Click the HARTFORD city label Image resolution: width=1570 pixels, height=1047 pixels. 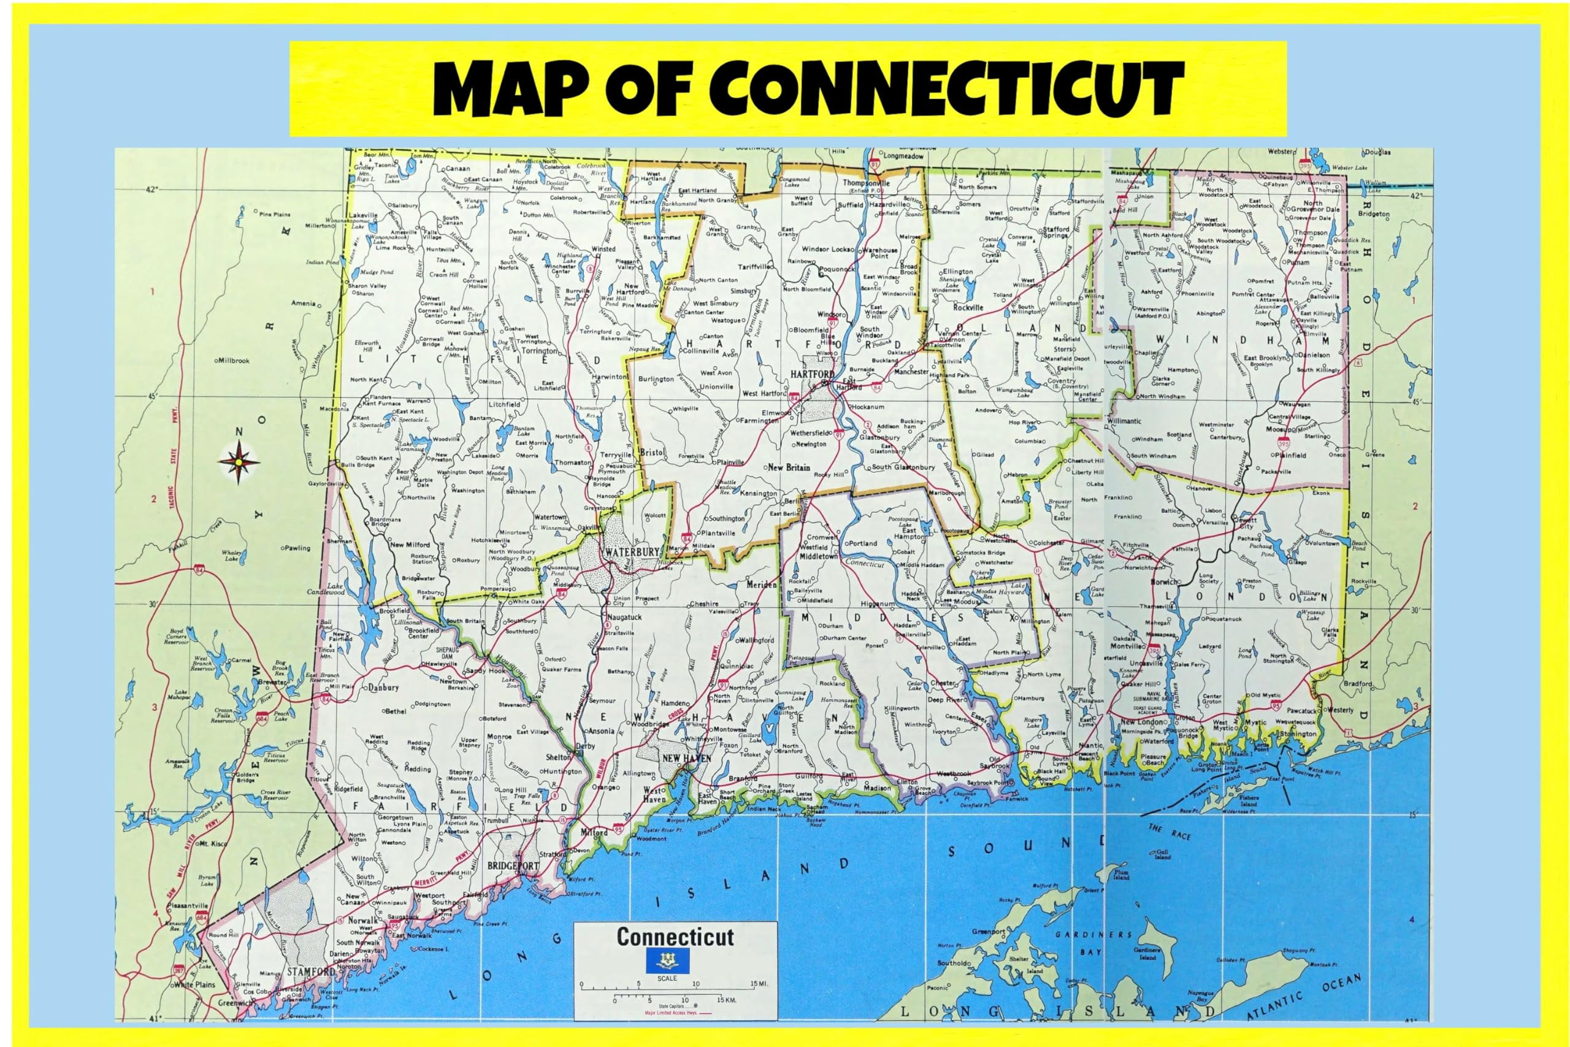[813, 374]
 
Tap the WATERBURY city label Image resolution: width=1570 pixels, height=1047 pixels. [632, 552]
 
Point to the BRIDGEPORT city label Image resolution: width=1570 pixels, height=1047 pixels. [513, 866]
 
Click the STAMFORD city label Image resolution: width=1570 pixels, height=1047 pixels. [310, 971]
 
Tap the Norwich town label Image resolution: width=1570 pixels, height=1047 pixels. [1163, 581]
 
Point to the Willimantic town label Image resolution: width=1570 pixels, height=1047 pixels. [1124, 421]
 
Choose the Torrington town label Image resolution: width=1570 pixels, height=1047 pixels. [539, 351]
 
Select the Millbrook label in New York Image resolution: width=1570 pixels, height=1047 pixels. [232, 361]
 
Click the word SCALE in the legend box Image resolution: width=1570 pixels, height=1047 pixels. [667, 978]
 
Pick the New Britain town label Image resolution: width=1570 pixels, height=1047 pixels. [789, 467]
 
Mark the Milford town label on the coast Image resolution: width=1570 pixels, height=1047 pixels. [594, 833]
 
